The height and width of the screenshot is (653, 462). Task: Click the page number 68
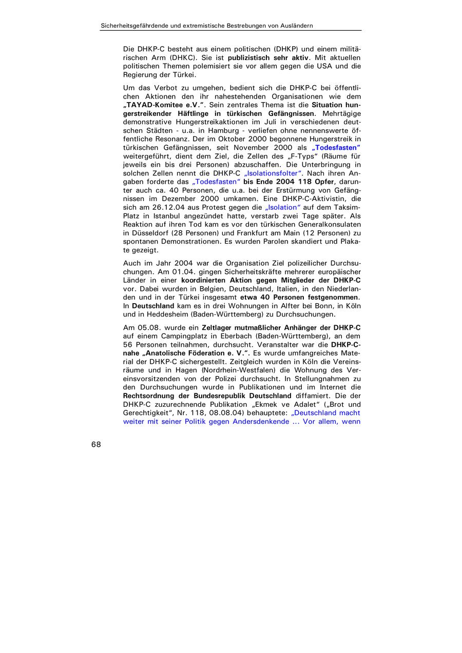(x=96, y=445)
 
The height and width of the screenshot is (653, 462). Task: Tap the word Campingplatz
(x=188, y=336)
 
